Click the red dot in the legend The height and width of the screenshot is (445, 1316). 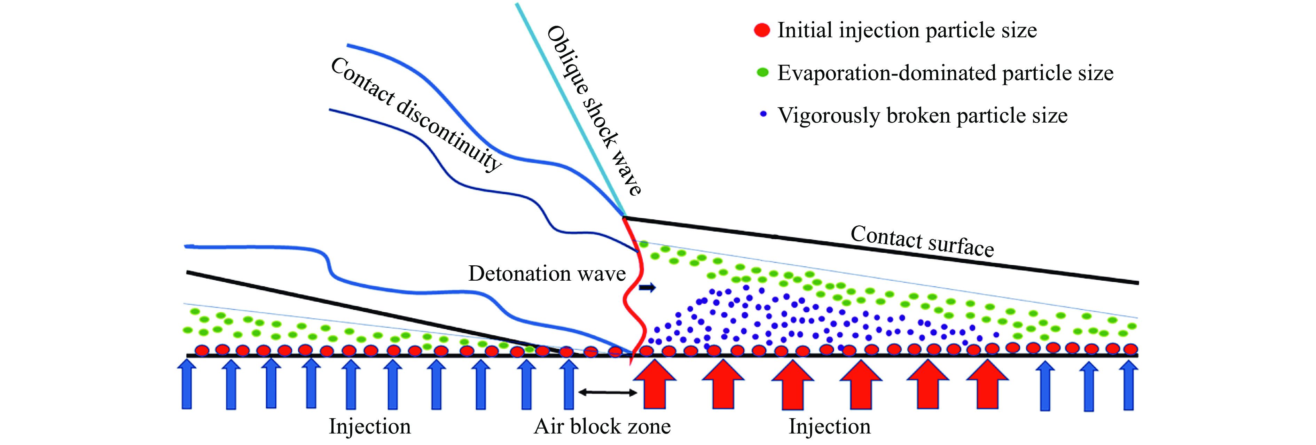(x=762, y=30)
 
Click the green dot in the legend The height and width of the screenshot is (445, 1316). (x=762, y=72)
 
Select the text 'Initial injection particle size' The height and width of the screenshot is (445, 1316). (x=907, y=30)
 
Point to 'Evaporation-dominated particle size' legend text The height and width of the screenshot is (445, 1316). (x=945, y=73)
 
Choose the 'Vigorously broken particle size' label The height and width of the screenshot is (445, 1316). (x=922, y=116)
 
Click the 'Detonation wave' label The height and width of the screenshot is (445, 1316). (x=547, y=274)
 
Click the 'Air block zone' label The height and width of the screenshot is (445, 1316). (x=602, y=426)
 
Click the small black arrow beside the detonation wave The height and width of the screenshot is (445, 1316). (x=647, y=288)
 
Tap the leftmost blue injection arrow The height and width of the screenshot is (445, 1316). (x=187, y=384)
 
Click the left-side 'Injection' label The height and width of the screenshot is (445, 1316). (x=369, y=426)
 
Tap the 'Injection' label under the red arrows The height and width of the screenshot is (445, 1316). (x=829, y=426)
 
